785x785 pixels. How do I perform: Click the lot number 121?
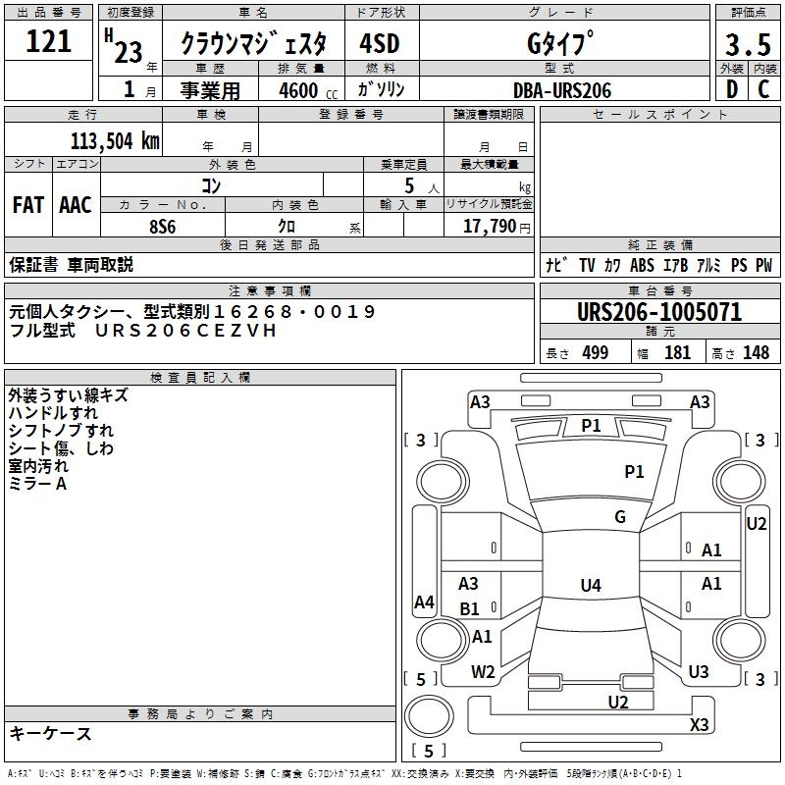click(x=50, y=41)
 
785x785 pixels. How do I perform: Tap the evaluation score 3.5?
click(x=747, y=45)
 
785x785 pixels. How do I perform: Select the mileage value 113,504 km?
click(x=114, y=140)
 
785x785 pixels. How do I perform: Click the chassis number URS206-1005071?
click(x=659, y=313)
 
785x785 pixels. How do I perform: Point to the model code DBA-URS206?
click(x=561, y=90)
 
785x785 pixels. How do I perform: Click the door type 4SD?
click(x=381, y=45)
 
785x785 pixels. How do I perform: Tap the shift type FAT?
click(x=27, y=205)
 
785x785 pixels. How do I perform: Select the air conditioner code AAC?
click(x=76, y=205)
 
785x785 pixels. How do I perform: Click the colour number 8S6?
click(x=162, y=226)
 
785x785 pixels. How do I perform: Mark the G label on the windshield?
click(x=620, y=517)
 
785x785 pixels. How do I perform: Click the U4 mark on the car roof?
click(x=590, y=586)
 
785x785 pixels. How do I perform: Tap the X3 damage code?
click(x=699, y=725)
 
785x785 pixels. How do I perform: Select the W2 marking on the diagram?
click(x=483, y=672)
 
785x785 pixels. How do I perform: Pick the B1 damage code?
click(x=470, y=609)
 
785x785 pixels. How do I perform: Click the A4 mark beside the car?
click(x=424, y=602)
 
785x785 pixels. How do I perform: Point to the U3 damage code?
click(x=699, y=672)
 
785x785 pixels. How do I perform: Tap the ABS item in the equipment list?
click(x=642, y=265)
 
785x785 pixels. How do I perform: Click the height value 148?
click(x=757, y=353)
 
